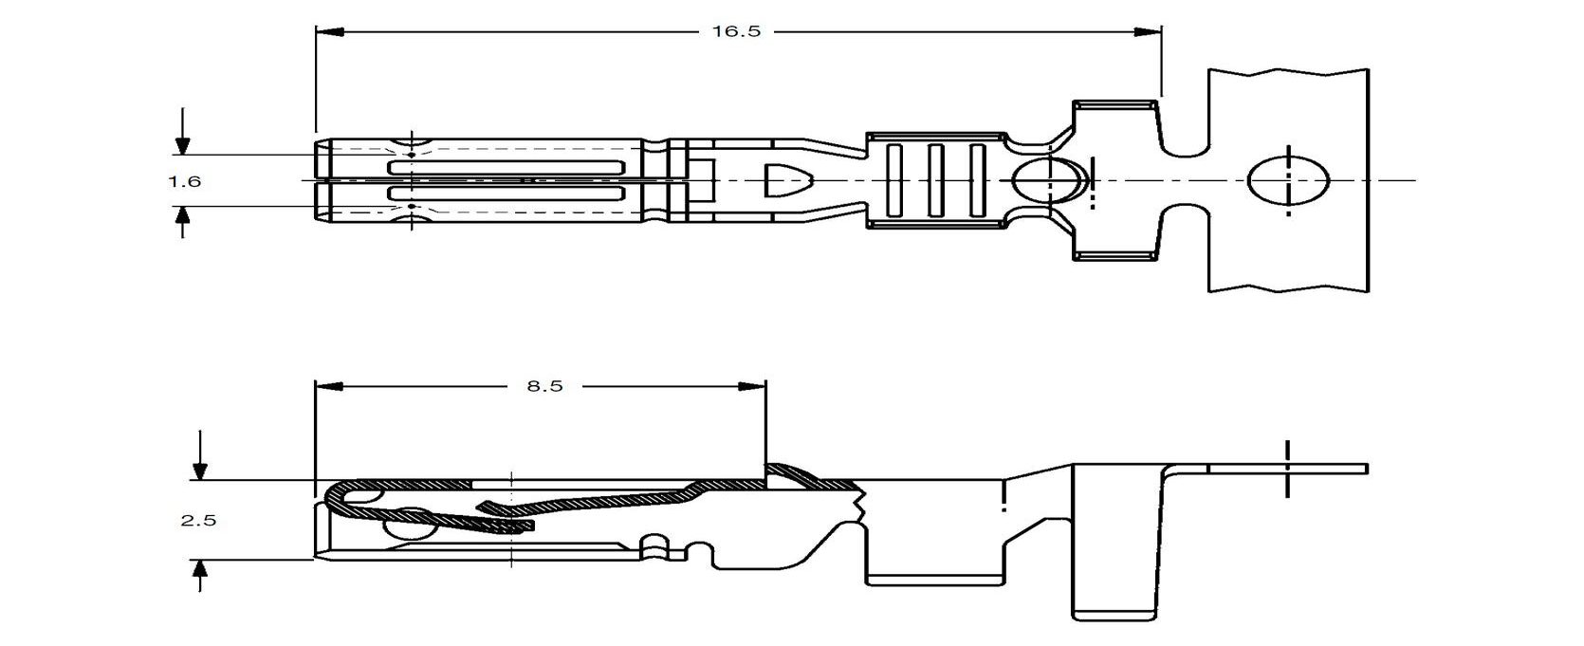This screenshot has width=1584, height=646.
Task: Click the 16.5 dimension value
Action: (736, 31)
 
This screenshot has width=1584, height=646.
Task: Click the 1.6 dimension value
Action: (185, 180)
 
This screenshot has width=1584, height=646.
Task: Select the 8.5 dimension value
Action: (543, 386)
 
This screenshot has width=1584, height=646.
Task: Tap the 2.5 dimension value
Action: (198, 520)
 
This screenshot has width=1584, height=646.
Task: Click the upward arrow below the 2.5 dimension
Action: (199, 570)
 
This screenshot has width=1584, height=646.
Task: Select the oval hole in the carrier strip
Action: (1287, 180)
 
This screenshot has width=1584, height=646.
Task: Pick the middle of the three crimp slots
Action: (935, 180)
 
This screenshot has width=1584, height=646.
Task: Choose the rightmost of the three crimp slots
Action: (977, 180)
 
